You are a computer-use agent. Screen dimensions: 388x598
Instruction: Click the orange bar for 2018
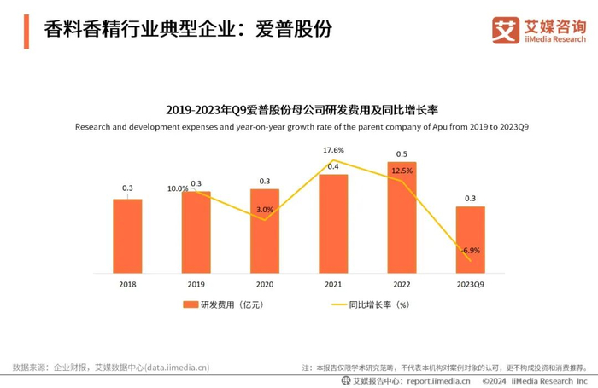[x=127, y=235]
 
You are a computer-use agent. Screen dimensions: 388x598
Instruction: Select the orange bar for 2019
[x=196, y=232]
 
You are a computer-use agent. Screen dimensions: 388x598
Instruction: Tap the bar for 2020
[x=265, y=230]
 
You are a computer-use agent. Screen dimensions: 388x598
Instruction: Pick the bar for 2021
[x=333, y=223]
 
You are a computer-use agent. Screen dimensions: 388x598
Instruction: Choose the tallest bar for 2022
[x=402, y=217]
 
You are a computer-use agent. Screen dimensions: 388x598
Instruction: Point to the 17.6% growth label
[x=333, y=151]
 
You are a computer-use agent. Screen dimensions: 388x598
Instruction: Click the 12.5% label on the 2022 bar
[x=402, y=171]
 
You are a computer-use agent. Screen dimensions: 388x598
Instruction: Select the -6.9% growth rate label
[x=471, y=252]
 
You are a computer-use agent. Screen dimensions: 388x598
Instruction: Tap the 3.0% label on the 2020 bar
[x=265, y=209]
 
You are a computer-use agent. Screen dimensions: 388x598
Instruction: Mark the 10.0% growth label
[x=177, y=188]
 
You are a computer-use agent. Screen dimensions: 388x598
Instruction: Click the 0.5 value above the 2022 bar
[x=402, y=154]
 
